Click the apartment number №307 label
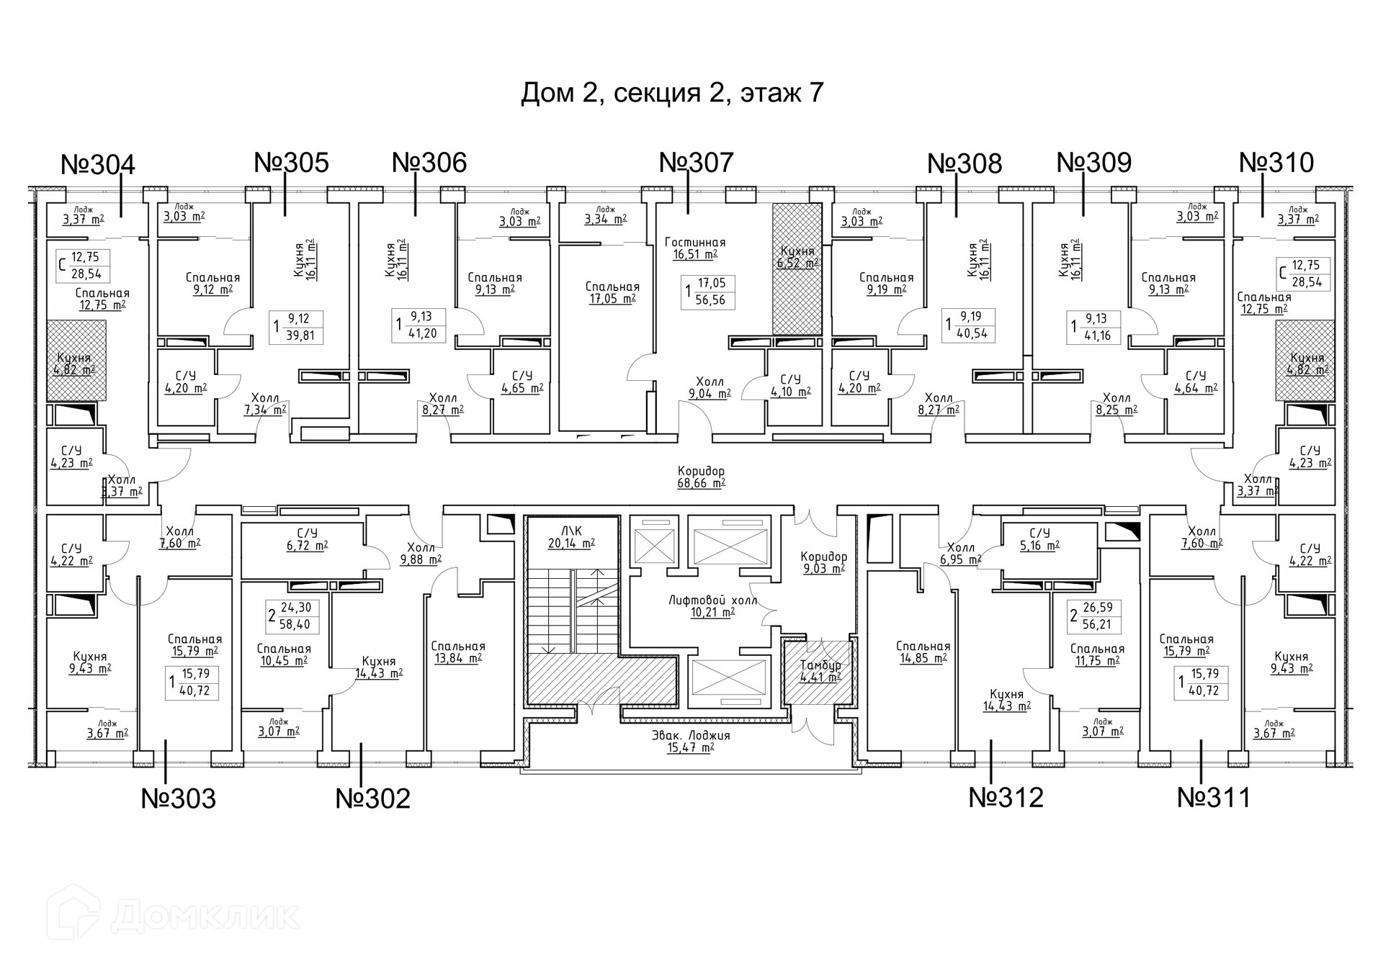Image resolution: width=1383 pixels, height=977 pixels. point(696,163)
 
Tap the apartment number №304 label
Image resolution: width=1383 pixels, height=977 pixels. point(98,165)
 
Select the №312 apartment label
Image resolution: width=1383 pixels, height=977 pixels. point(1006,798)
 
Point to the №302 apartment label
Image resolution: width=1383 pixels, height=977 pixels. point(372,798)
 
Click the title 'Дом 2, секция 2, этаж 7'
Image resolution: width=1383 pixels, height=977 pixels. point(671,93)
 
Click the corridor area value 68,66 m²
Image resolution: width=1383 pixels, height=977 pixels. point(701,484)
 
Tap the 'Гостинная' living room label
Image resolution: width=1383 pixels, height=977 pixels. point(695,243)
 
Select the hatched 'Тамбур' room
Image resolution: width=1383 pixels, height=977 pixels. point(820,671)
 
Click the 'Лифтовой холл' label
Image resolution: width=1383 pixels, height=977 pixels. point(712,600)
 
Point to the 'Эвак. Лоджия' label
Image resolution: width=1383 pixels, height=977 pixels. point(691,736)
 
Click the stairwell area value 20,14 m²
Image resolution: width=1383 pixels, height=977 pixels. point(571,544)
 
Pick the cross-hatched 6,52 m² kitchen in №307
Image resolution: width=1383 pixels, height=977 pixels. point(797,268)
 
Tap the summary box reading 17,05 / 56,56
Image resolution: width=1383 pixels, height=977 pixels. point(708,292)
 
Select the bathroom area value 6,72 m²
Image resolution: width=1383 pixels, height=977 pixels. point(307,546)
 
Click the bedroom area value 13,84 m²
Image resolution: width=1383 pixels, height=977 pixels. point(457,658)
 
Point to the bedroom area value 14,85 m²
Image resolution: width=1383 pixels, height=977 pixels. point(923,658)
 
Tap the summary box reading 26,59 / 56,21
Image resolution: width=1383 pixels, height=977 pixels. point(1093,616)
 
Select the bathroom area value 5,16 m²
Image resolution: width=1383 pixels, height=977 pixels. point(1039,546)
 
